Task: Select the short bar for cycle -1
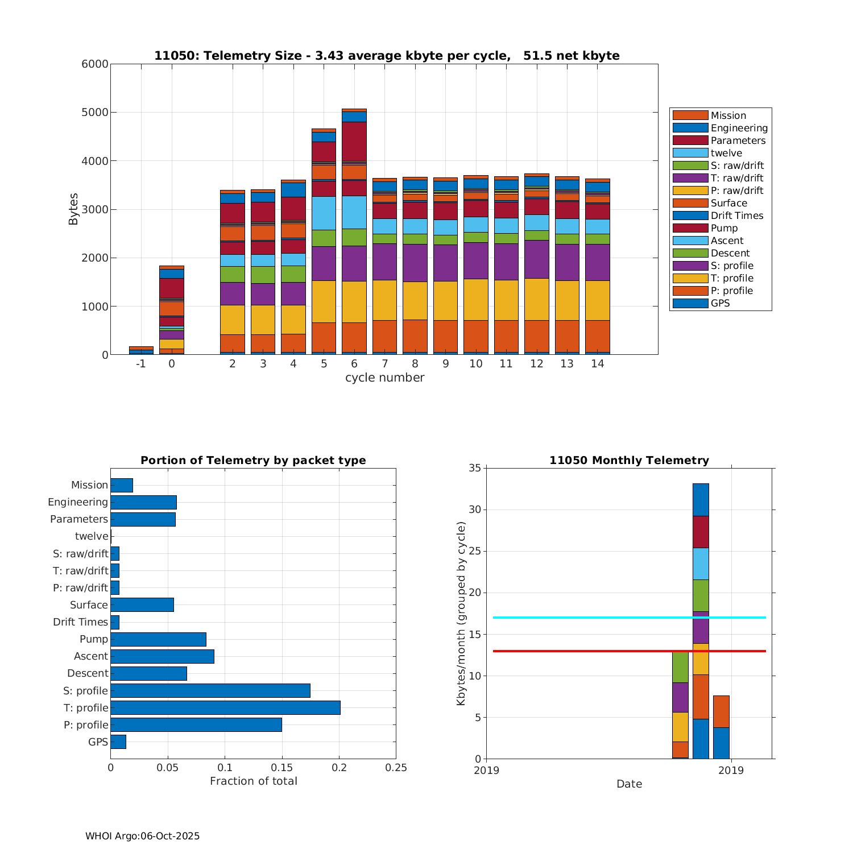pyautogui.click(x=141, y=350)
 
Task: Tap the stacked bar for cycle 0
pyautogui.click(x=172, y=310)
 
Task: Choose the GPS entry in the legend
pyautogui.click(x=720, y=303)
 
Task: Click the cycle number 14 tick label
pyautogui.click(x=597, y=364)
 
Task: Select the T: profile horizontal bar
pyautogui.click(x=225, y=707)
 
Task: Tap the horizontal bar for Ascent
pyautogui.click(x=162, y=656)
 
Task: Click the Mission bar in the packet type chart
pyautogui.click(x=122, y=485)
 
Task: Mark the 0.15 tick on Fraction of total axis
pyautogui.click(x=282, y=768)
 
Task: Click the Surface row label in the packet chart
pyautogui.click(x=89, y=605)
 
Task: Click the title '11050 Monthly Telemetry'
pyautogui.click(x=629, y=461)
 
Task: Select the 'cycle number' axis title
pyautogui.click(x=384, y=378)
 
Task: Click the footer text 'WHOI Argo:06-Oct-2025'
pyautogui.click(x=142, y=836)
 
